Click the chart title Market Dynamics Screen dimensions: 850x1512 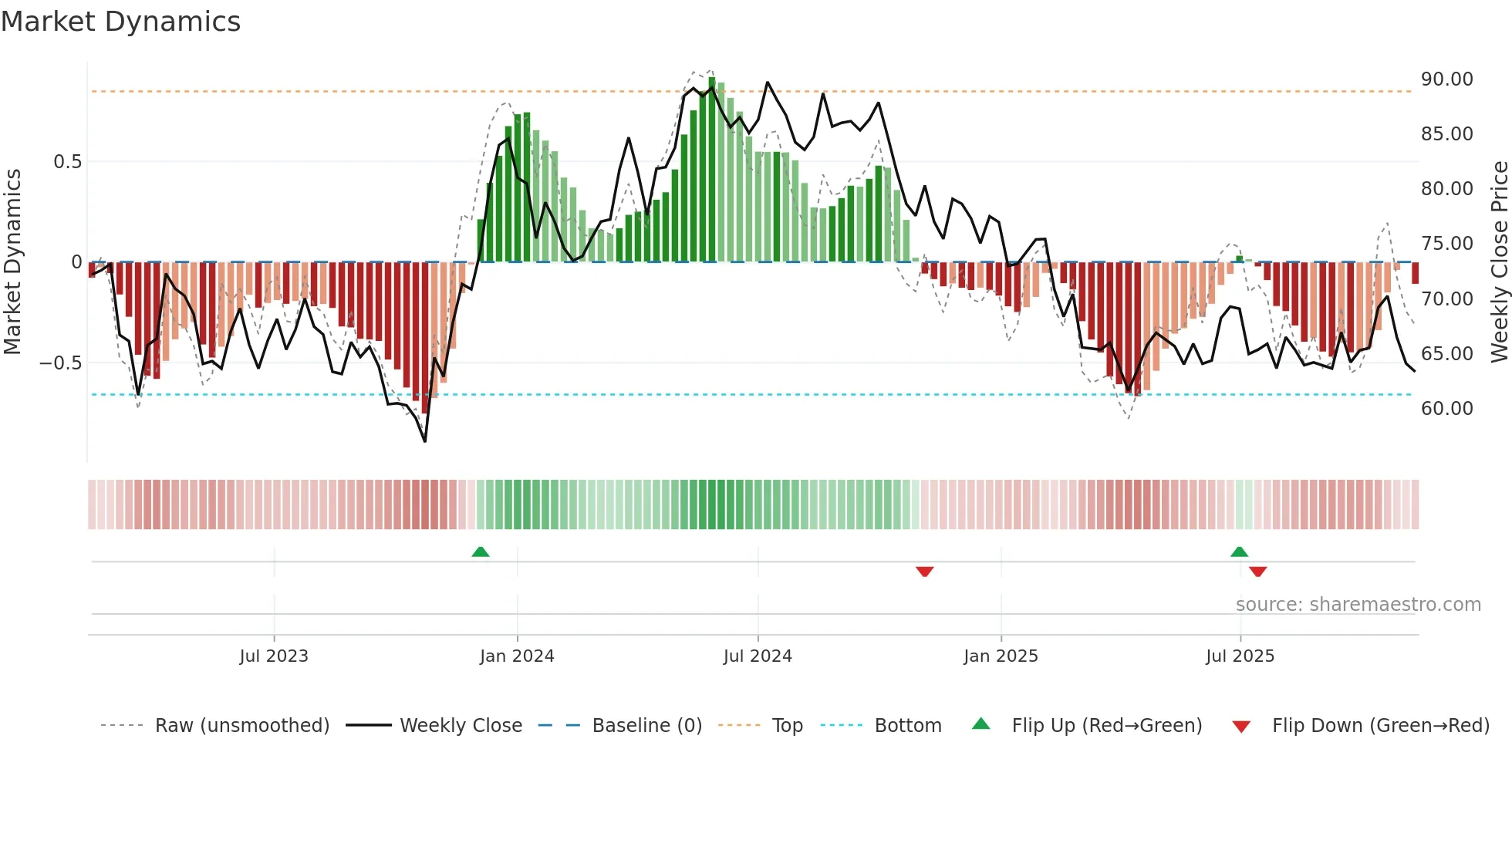120,22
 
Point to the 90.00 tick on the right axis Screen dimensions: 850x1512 1446,79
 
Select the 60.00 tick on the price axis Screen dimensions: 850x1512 1446,409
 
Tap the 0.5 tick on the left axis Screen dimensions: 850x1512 67,162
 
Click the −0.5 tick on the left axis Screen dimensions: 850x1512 61,363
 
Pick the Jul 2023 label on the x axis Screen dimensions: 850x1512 274,656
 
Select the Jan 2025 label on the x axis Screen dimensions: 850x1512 1001,656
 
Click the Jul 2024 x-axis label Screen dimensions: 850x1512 758,656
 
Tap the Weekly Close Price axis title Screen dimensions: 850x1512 1499,262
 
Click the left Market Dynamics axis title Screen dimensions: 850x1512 12,262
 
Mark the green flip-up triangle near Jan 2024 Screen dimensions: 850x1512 481,551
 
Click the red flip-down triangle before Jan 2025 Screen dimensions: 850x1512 925,572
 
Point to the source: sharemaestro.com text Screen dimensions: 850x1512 1358,605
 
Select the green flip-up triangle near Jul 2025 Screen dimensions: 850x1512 1239,551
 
